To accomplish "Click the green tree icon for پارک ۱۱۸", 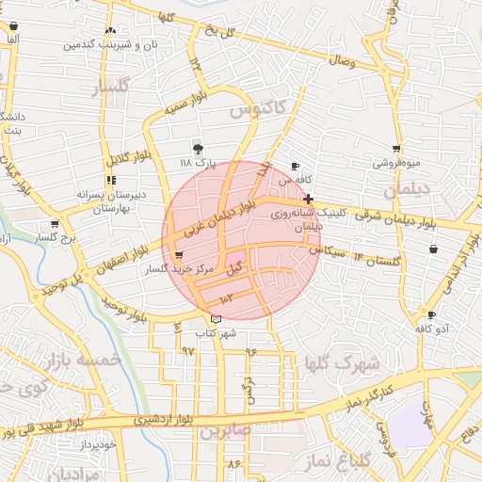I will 197,149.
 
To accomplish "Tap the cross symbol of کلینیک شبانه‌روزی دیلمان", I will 308,199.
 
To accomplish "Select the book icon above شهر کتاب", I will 217,320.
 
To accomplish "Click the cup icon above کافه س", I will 296,166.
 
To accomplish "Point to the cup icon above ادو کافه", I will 431,315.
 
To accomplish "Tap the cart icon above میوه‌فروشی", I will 396,149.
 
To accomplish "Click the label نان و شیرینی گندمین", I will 109,44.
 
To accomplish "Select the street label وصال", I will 340,60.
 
